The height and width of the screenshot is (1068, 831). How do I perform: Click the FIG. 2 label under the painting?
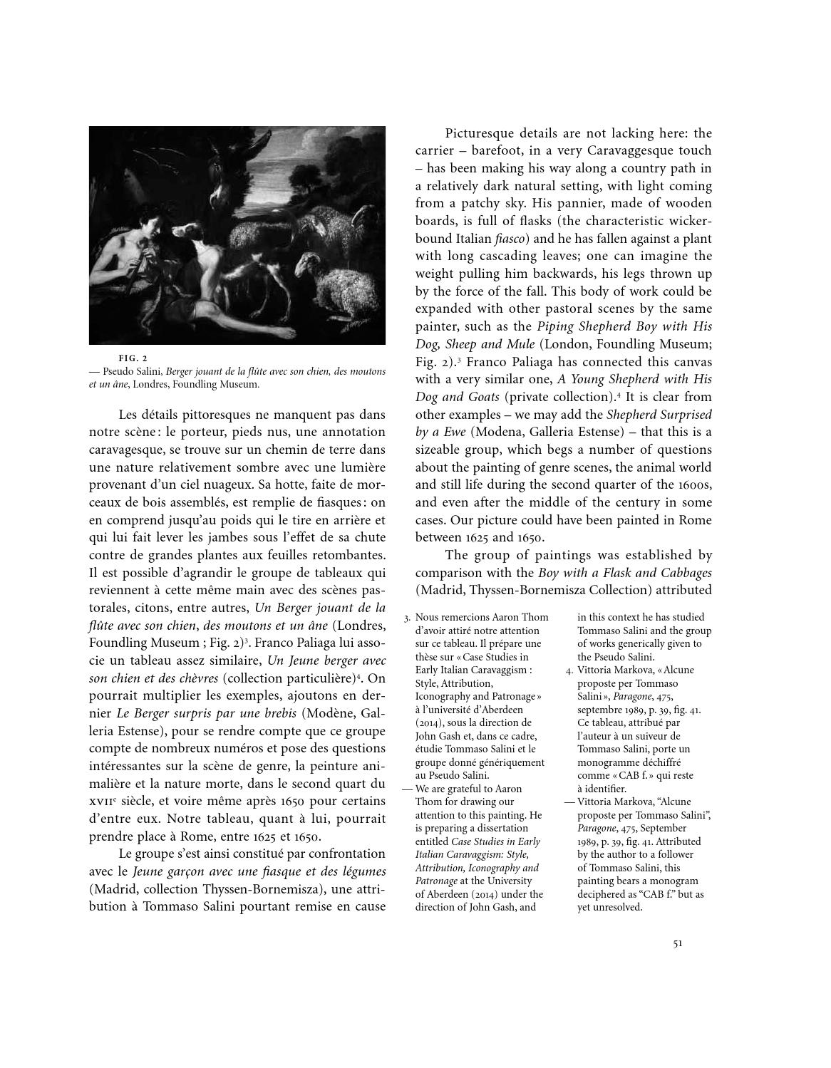133,358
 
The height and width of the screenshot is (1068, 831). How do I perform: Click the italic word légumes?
362,871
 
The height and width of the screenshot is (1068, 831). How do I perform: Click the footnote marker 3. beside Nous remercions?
407,618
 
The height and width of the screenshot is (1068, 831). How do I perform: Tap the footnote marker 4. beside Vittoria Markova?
569,670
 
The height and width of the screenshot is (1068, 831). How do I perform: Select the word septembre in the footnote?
601,710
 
